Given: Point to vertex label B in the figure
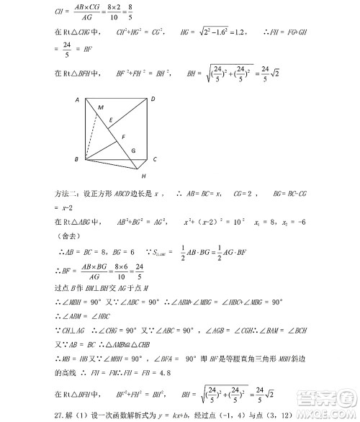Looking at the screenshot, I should tap(76, 158).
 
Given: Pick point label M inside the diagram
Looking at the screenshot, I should tap(101, 108).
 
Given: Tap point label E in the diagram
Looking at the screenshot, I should tap(110, 120).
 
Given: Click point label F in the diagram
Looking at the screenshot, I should tap(123, 136).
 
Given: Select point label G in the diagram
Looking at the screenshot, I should tap(133, 150).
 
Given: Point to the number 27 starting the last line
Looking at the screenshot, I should tap(59, 416).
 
